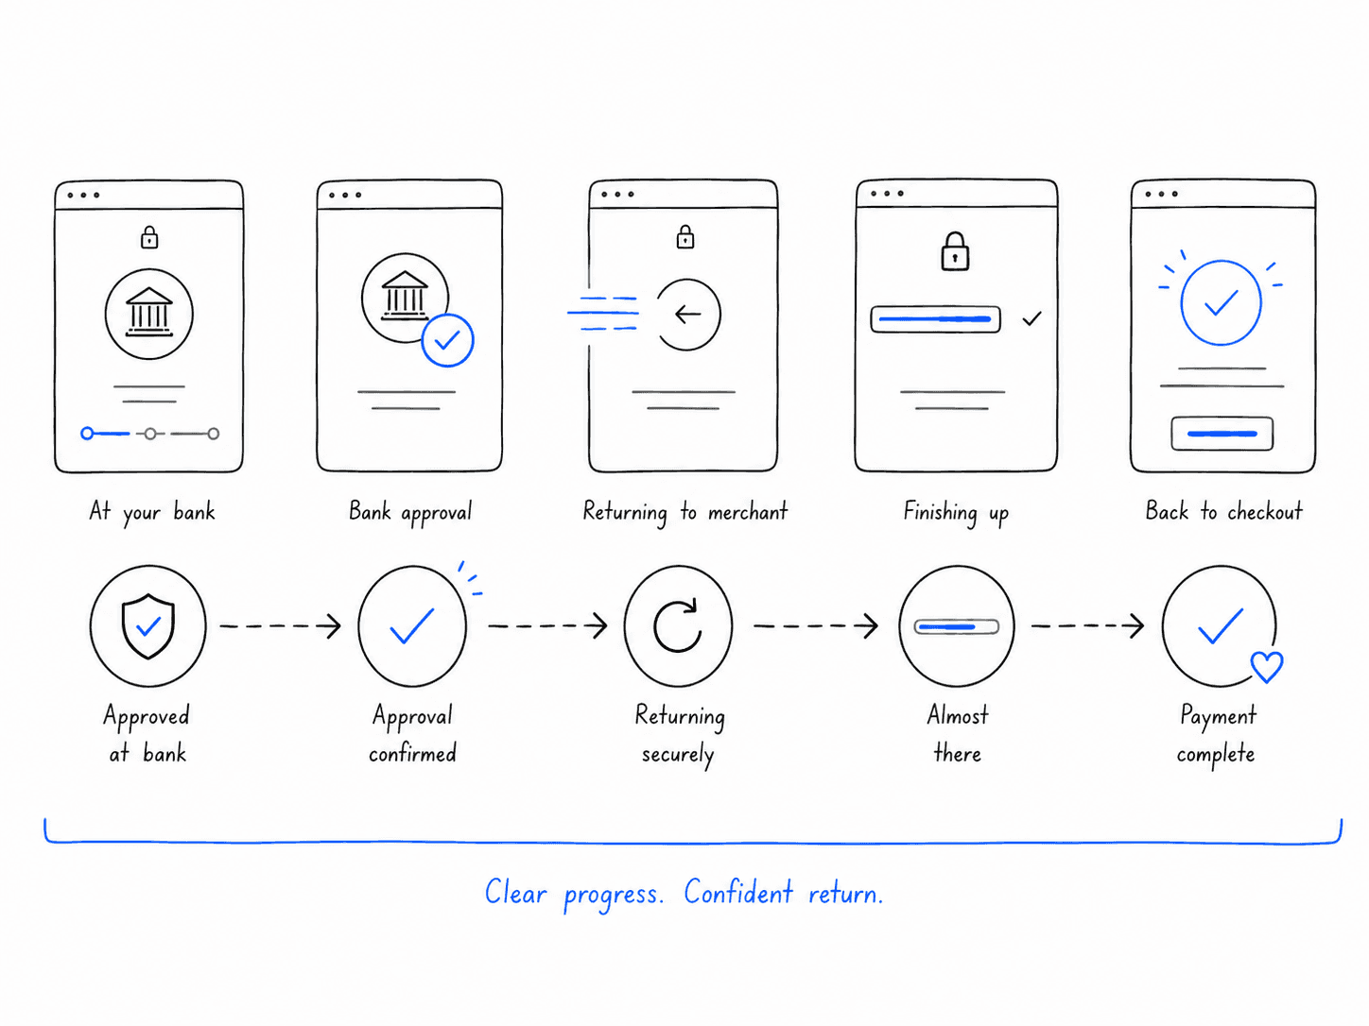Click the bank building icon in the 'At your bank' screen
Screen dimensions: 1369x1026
pos(149,313)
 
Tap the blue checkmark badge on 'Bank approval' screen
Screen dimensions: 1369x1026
pos(447,340)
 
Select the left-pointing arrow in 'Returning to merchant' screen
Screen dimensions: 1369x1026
pos(688,315)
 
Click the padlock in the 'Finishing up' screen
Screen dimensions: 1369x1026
pos(954,251)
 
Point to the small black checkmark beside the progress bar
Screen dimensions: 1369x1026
pos(1032,319)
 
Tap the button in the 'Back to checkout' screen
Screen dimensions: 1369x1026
pos(1222,434)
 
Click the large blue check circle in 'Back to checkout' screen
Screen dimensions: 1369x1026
pos(1221,302)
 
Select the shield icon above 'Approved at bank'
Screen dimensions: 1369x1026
pos(147,626)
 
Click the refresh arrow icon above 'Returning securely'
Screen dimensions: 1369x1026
pos(677,625)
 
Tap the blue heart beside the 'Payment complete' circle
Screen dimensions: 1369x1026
pos(1267,667)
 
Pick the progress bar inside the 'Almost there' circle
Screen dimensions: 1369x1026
pos(956,626)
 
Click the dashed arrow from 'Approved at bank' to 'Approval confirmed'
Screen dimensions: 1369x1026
pos(281,626)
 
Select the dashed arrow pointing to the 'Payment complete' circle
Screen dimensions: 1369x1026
pos(1087,626)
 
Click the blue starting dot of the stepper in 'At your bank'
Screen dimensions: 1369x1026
pos(87,433)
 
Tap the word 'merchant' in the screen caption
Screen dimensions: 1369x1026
pos(748,512)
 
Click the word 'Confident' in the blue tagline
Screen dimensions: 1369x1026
pos(738,892)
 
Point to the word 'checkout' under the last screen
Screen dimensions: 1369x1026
pos(1265,511)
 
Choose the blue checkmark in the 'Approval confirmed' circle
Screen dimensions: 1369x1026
pos(411,625)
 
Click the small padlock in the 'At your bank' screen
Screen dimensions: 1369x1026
pos(149,237)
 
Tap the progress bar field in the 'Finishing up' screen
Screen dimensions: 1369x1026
pos(936,319)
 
